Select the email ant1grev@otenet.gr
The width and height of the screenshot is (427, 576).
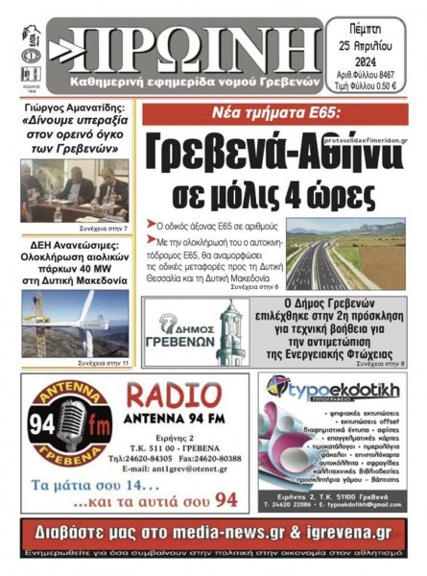tap(178, 468)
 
